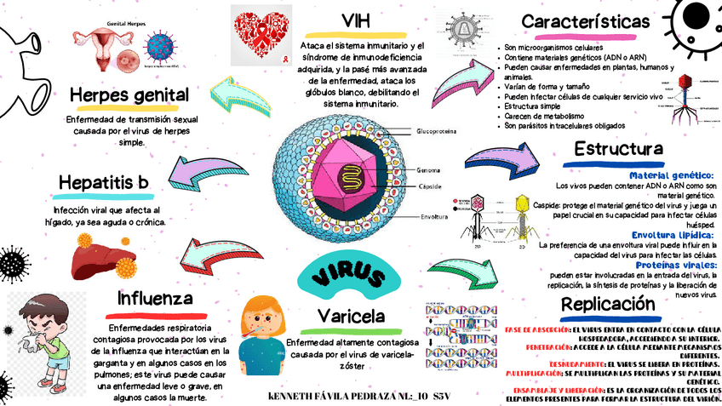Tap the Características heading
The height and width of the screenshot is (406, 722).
click(587, 21)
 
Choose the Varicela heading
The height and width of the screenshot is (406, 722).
click(352, 317)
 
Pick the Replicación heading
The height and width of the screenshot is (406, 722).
click(614, 304)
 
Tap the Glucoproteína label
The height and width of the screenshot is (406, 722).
click(436, 132)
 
